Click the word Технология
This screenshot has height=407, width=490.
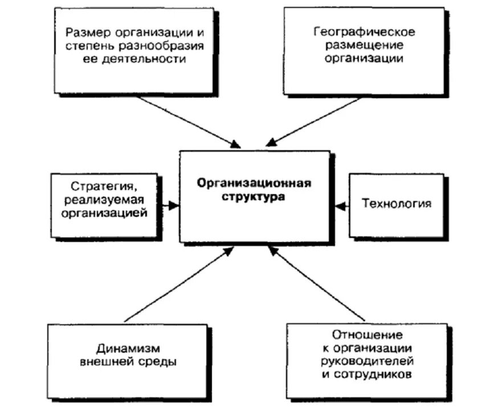click(x=397, y=203)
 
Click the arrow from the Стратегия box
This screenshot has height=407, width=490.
click(x=168, y=204)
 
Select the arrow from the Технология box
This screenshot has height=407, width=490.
click(x=341, y=204)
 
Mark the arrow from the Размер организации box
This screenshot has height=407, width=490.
click(x=188, y=120)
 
